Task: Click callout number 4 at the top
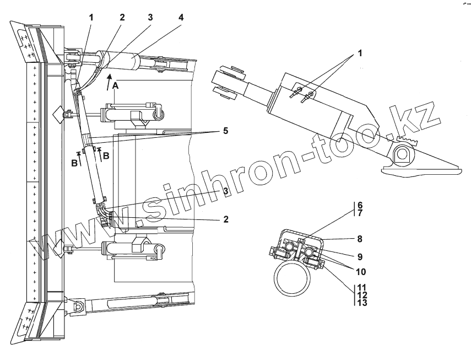181,17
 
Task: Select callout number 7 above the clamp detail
360,212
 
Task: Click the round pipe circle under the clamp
294,278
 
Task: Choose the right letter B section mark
106,156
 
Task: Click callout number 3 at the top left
149,17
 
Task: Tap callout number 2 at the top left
122,17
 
